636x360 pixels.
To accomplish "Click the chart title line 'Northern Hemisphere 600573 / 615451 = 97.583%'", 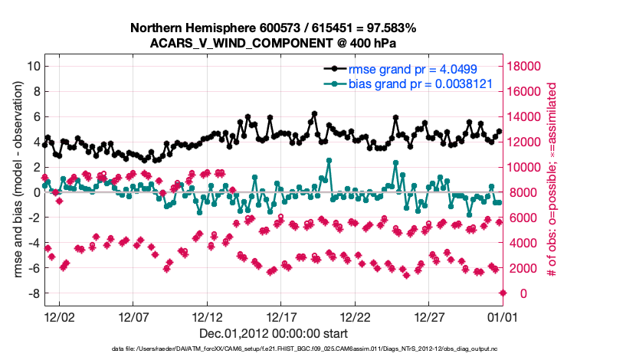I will point(274,28).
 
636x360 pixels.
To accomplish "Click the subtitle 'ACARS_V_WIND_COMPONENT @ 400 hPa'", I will point(274,43).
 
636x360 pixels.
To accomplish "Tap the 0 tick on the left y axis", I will point(35,192).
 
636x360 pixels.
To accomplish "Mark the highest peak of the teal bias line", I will point(329,161).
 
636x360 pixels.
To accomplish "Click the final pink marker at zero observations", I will point(503,293).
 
